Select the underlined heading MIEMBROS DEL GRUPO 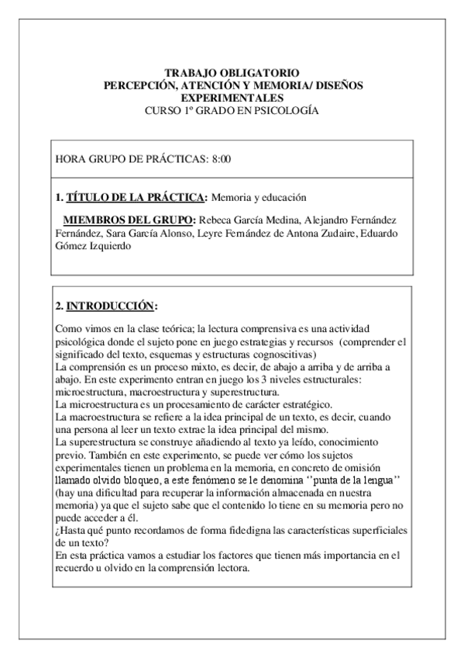(129, 220)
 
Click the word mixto (194, 367)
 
